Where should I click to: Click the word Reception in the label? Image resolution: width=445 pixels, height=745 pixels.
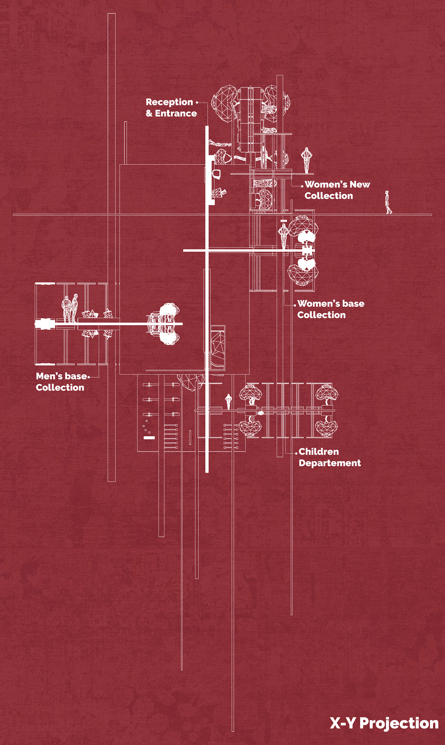pyautogui.click(x=169, y=102)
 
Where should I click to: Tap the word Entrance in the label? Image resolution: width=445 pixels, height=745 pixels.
pyautogui.click(x=176, y=113)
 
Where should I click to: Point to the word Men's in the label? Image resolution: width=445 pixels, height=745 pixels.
pyautogui.click(x=49, y=376)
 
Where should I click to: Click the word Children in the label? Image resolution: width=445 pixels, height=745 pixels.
pyautogui.click(x=319, y=452)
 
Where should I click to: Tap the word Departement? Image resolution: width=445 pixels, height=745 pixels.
pyautogui.click(x=330, y=463)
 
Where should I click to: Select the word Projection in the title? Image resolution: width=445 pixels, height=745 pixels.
pyautogui.click(x=399, y=723)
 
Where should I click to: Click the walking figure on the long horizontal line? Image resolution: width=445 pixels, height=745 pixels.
pyautogui.click(x=388, y=202)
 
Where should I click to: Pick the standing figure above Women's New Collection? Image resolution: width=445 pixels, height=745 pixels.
pyautogui.click(x=306, y=160)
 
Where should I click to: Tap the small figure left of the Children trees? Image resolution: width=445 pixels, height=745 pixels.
pyautogui.click(x=228, y=401)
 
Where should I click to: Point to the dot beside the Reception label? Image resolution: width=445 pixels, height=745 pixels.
pyautogui.click(x=197, y=102)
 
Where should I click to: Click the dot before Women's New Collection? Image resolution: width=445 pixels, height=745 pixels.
pyautogui.click(x=302, y=186)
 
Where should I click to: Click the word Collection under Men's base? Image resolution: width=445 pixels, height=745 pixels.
pyautogui.click(x=60, y=388)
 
